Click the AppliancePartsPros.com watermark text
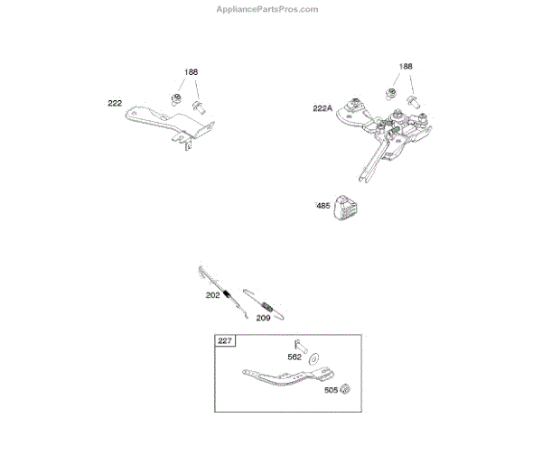pos(267,9)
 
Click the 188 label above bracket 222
pos(192,72)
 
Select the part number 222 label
pos(115,104)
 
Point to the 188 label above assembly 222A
pos(406,68)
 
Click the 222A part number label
pos(323,108)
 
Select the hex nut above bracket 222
pos(178,95)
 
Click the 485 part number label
pos(322,206)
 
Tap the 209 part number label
pos(264,317)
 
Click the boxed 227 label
pos(224,340)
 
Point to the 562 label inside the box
pos(294,357)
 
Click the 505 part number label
pos(331,391)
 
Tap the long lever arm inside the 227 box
pos(284,377)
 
